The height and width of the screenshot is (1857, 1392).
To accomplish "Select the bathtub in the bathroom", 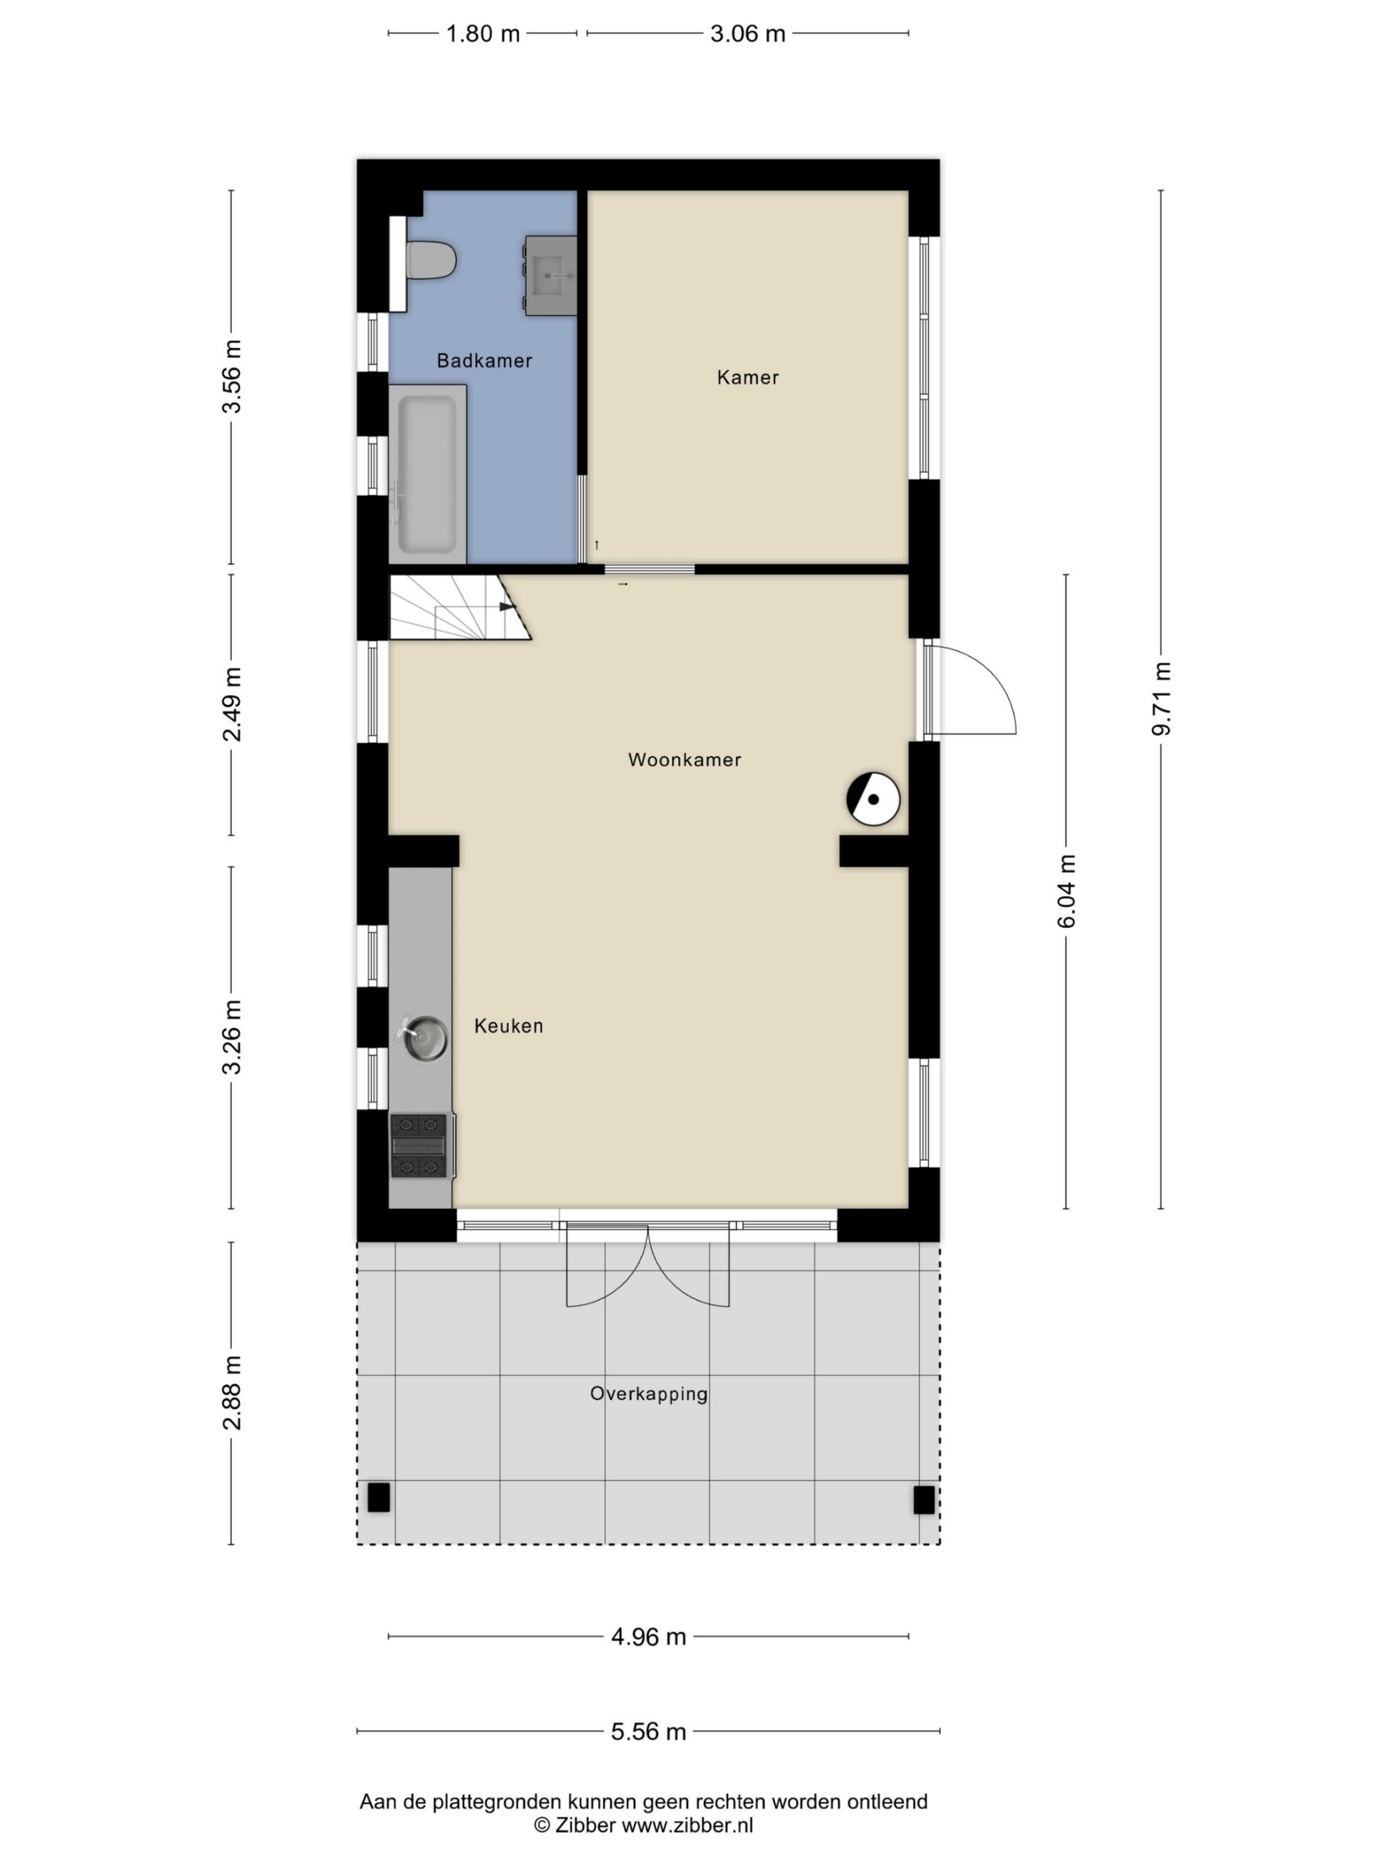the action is (x=427, y=474).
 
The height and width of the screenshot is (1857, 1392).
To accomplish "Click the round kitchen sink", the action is (x=425, y=1039).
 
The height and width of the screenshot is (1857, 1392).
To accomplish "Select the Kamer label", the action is (x=747, y=378).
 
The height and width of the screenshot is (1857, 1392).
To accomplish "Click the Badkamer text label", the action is (x=484, y=361).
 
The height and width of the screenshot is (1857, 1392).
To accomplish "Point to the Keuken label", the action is (x=508, y=1026).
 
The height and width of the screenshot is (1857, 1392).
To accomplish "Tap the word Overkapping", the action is (x=649, y=1393).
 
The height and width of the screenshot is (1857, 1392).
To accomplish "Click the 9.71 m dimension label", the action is (x=1161, y=699).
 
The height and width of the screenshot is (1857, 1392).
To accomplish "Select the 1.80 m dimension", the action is (x=482, y=34).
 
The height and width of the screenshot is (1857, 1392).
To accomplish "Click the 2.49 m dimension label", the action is (x=231, y=704).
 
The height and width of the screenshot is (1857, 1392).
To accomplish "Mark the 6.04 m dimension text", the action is (x=1066, y=892).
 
